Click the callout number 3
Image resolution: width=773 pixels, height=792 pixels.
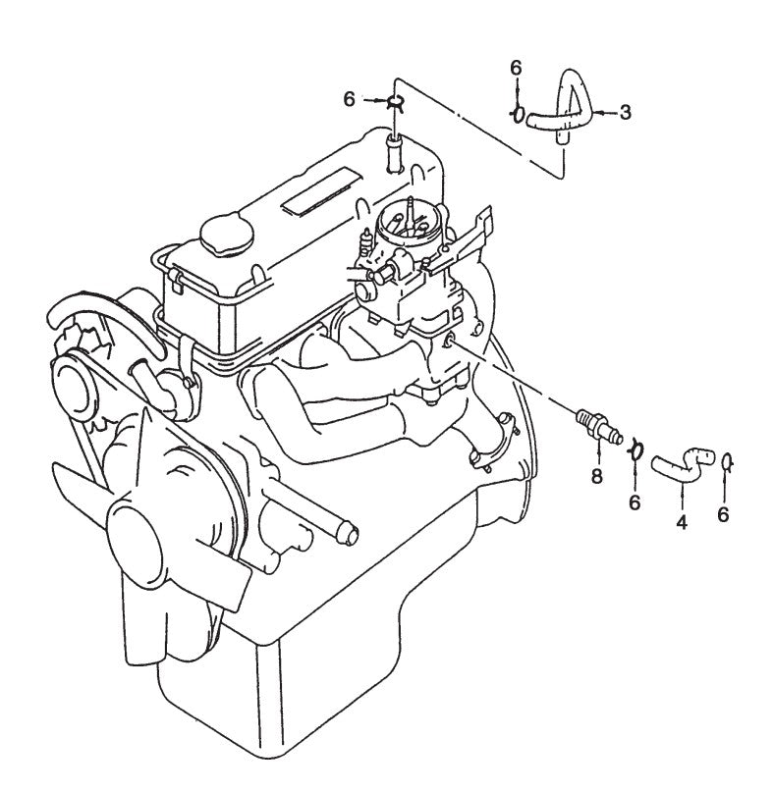tap(625, 113)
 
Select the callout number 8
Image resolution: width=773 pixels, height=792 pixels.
tap(596, 478)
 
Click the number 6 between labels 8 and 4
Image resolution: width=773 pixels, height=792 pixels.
tap(635, 502)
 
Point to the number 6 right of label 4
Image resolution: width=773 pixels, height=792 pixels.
tap(724, 513)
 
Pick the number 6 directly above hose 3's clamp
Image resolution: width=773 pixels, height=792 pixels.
tap(516, 68)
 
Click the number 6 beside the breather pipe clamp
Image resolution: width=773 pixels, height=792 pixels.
tap(349, 98)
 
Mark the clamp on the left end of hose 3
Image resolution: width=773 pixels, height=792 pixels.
tap(517, 113)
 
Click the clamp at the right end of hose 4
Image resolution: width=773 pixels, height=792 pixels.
tap(726, 461)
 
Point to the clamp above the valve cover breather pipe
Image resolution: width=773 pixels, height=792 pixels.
tap(393, 102)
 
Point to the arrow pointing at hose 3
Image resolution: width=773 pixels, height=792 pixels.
tap(602, 113)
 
